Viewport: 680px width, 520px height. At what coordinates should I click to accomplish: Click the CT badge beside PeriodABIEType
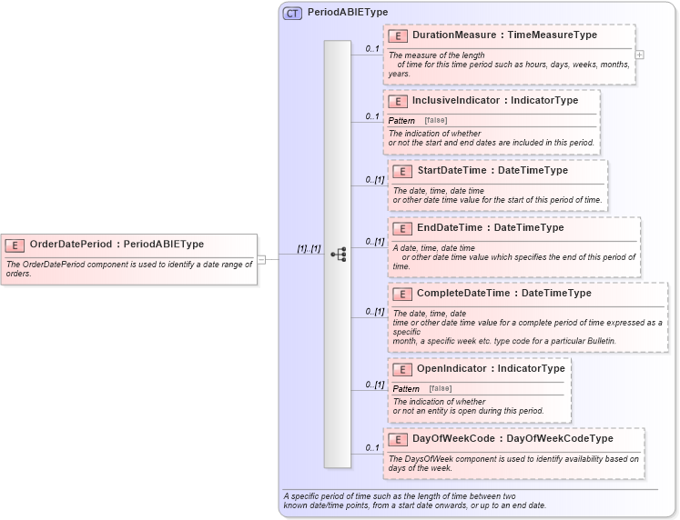point(292,13)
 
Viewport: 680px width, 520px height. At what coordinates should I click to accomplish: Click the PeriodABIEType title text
point(348,13)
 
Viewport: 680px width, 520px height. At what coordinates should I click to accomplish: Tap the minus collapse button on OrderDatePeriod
point(261,259)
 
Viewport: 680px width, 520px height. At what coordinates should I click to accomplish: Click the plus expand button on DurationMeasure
point(640,55)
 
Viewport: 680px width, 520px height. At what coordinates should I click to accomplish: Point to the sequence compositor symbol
point(338,255)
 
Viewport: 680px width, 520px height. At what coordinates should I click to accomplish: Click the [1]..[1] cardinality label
point(309,249)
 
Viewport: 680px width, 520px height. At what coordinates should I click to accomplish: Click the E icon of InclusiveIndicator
point(397,101)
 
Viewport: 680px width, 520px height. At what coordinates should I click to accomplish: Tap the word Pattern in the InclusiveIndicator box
point(401,121)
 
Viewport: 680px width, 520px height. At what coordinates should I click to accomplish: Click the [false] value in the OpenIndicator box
point(441,389)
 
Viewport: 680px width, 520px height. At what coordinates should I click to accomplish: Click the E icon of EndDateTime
point(401,228)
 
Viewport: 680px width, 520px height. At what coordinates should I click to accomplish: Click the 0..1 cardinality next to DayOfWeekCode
point(372,447)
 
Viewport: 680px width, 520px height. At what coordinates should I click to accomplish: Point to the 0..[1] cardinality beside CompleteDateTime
point(374,311)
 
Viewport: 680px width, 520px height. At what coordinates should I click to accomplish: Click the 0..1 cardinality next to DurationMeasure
point(372,48)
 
